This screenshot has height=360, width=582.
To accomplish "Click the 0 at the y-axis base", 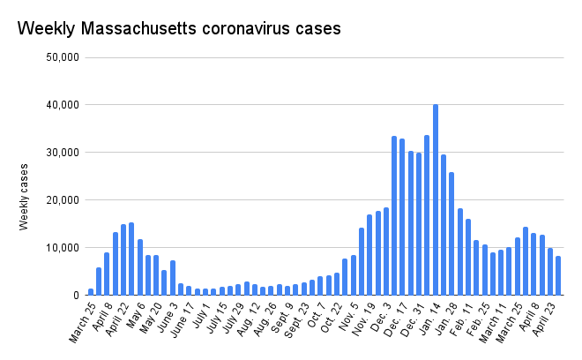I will tap(77, 296).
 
